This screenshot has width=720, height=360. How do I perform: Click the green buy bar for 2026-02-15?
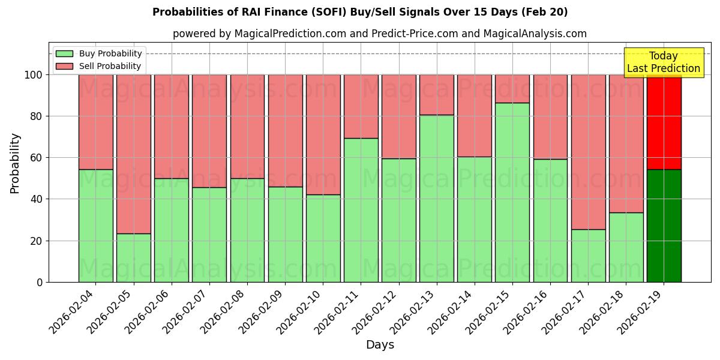click(512, 192)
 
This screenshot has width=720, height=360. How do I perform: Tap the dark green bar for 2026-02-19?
click(664, 226)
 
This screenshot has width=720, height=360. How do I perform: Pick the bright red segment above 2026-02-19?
click(664, 122)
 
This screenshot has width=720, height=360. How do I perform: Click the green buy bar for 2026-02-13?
click(436, 198)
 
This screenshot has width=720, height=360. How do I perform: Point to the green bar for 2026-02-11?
click(361, 210)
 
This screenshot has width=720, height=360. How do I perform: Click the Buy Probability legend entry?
click(98, 54)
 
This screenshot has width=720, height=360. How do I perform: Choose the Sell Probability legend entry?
click(98, 67)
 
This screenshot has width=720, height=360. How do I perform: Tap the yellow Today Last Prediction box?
click(663, 62)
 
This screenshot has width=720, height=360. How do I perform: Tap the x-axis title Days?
click(380, 345)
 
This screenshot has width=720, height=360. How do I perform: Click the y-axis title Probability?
click(15, 163)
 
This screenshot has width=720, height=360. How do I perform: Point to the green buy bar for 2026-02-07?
click(209, 235)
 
